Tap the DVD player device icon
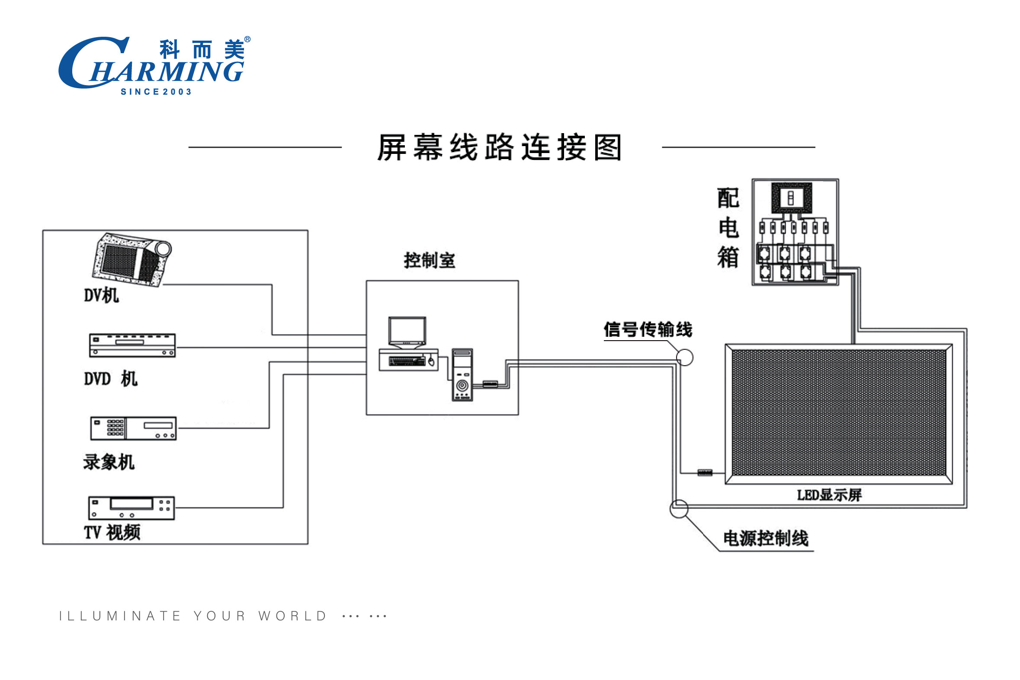click(x=132, y=345)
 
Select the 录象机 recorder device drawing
click(x=133, y=428)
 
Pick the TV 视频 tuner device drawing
click(x=132, y=508)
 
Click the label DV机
click(x=101, y=296)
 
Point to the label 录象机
click(x=109, y=462)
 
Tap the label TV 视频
click(x=112, y=533)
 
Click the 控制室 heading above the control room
click(x=430, y=261)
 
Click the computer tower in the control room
click(x=462, y=375)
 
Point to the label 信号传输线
click(x=648, y=329)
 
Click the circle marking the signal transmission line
click(x=685, y=358)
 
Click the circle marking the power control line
click(x=679, y=509)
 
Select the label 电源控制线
click(x=766, y=539)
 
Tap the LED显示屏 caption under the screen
click(x=829, y=495)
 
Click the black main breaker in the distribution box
click(x=791, y=198)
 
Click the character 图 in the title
click(x=608, y=147)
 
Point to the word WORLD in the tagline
click(x=292, y=616)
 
